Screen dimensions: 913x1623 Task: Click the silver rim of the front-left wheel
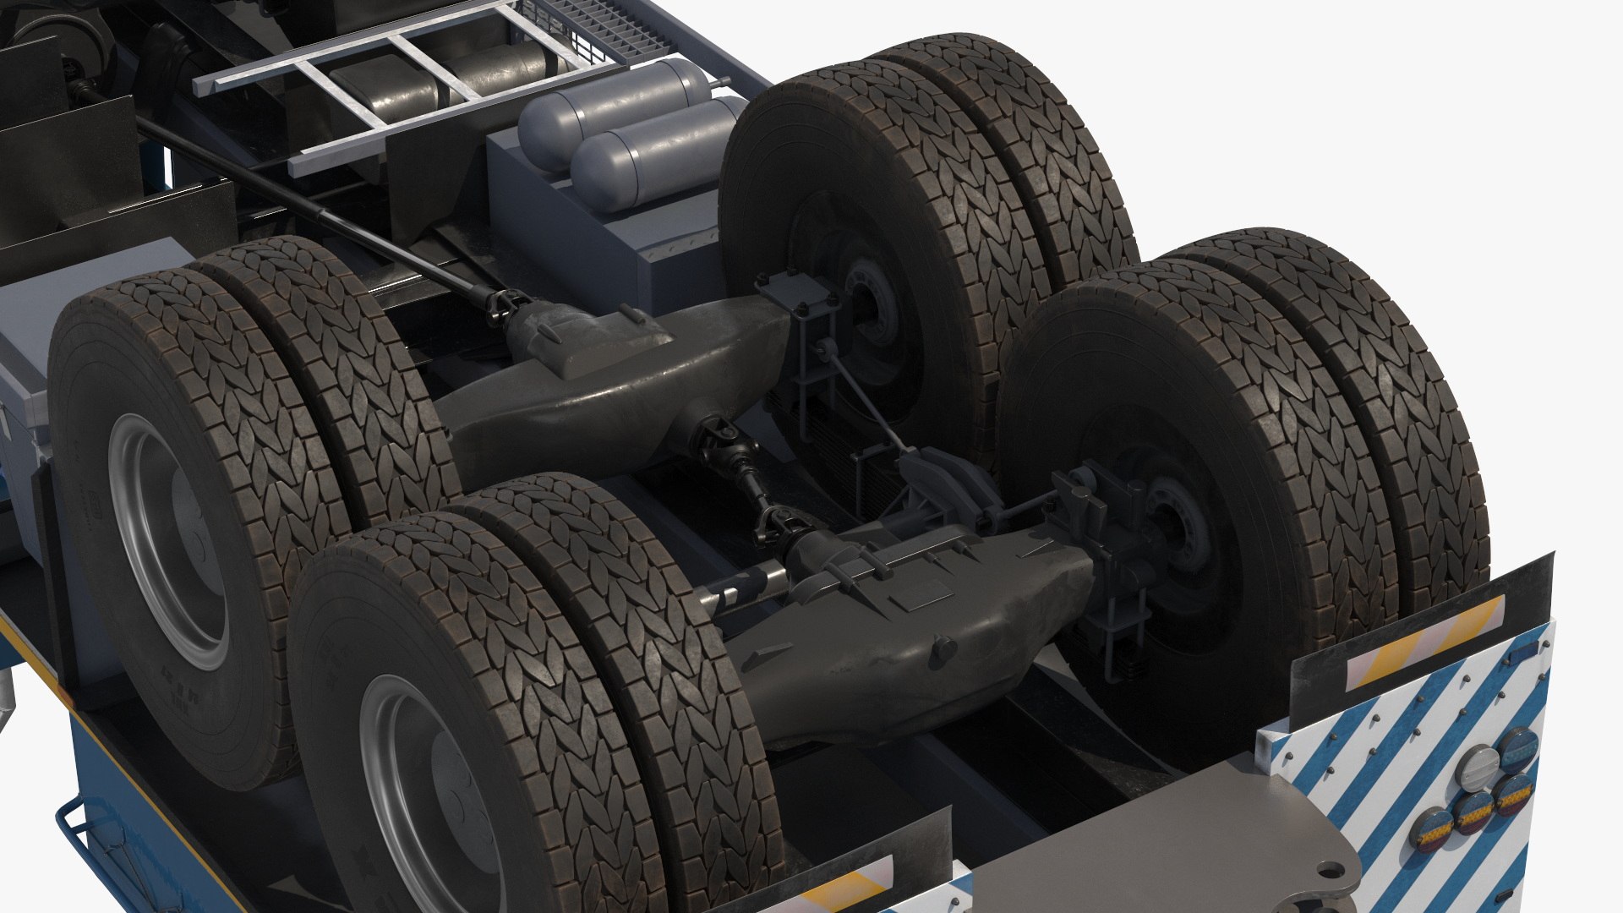tap(169, 541)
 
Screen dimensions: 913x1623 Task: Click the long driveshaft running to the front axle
tap(321, 211)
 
